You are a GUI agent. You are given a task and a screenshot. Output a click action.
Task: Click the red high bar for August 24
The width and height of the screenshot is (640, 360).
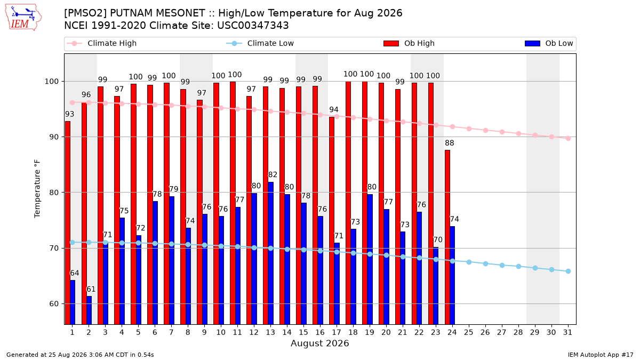coord(447,237)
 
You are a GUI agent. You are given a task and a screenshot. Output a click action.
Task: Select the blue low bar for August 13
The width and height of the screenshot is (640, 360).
coord(270,253)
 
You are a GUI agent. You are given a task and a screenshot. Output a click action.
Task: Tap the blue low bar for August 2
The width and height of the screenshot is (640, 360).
coord(89,310)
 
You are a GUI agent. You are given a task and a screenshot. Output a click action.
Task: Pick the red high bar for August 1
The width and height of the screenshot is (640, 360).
coord(67,223)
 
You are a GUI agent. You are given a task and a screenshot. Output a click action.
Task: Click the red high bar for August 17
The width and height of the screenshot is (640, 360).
coord(332,221)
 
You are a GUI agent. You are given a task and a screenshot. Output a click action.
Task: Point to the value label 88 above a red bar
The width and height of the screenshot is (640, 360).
coord(450,143)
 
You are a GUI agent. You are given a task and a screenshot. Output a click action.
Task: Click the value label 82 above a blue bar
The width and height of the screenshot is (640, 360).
coord(273,174)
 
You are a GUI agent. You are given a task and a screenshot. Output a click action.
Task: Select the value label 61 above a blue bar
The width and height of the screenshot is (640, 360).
coord(91,289)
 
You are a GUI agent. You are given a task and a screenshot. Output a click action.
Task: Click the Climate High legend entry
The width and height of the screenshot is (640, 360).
coord(102,43)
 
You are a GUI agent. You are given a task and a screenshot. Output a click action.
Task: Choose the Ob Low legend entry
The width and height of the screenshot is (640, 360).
coord(549,43)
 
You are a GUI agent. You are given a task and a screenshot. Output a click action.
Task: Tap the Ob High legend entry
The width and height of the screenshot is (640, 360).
coord(409,43)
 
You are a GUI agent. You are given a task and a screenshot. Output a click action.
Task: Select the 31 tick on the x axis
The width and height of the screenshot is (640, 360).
coord(567,332)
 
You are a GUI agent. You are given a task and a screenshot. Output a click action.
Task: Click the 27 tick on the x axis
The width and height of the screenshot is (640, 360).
coord(501,332)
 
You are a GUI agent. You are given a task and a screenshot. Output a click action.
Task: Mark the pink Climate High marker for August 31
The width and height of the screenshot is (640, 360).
coord(568,138)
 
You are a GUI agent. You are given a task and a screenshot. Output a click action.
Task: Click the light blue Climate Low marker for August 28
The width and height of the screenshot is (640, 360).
coord(518,266)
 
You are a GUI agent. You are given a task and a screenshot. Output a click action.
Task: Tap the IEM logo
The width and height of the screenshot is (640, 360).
coord(23,18)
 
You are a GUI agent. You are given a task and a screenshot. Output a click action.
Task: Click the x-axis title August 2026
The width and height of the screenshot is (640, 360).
coord(319,343)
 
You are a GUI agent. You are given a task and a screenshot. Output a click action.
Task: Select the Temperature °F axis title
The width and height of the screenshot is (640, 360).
coord(37,189)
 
